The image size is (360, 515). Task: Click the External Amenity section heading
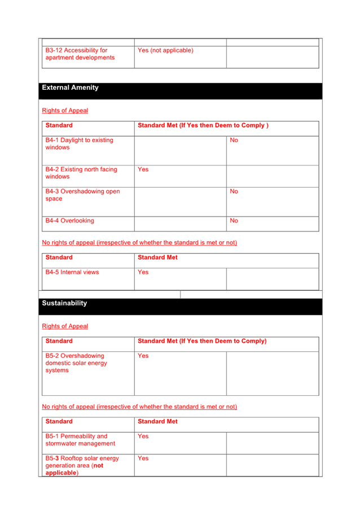(x=70, y=88)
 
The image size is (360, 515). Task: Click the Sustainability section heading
(x=64, y=303)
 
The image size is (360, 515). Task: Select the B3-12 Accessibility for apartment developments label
(x=80, y=54)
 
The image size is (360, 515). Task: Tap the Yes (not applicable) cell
(x=165, y=50)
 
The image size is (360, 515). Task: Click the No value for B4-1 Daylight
(x=234, y=140)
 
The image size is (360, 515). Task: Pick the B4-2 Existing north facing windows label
(x=81, y=173)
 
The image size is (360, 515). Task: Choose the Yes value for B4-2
(x=143, y=169)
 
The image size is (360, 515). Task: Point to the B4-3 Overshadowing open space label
(x=82, y=195)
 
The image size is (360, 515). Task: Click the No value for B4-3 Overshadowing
(x=234, y=191)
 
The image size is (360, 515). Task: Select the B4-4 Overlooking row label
(x=69, y=221)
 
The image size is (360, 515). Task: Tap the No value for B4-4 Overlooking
(x=234, y=221)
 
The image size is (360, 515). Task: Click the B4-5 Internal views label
(x=72, y=272)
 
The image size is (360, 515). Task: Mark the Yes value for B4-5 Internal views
(x=143, y=272)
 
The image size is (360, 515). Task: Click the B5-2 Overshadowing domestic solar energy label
(x=76, y=363)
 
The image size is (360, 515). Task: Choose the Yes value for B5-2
(x=143, y=356)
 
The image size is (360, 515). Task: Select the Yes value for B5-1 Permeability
(x=143, y=437)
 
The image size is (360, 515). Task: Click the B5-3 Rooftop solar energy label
(x=82, y=465)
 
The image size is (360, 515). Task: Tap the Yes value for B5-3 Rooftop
(x=143, y=459)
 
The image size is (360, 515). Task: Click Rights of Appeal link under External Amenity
(x=65, y=111)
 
